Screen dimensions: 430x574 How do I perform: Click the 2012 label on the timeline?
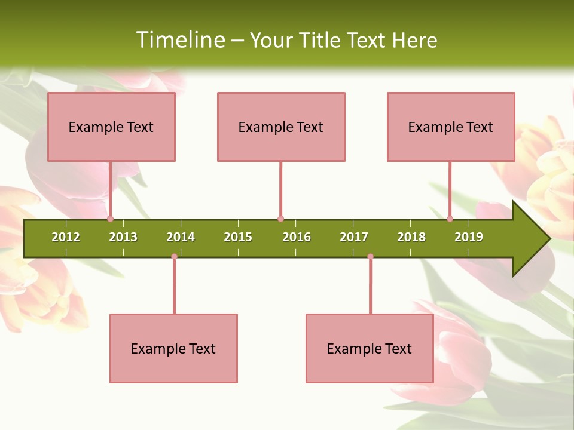click(66, 237)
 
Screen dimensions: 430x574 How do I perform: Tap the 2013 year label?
click(123, 237)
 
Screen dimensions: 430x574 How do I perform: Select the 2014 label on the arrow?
click(181, 237)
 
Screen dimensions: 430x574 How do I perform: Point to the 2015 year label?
click(238, 237)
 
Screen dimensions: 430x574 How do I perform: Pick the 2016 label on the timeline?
click(297, 237)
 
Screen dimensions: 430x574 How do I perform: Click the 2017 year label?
click(354, 237)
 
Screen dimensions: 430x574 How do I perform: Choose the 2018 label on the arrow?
click(411, 237)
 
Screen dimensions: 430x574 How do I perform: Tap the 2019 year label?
click(469, 237)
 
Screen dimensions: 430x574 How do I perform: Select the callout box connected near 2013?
click(111, 127)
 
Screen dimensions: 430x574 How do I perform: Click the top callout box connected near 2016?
click(281, 127)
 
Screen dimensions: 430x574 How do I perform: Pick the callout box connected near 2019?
click(451, 127)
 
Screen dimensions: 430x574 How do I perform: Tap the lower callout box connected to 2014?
click(173, 348)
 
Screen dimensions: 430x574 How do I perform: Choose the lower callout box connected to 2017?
click(370, 348)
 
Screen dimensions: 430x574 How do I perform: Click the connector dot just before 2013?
click(110, 219)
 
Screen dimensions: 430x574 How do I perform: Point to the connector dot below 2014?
click(174, 256)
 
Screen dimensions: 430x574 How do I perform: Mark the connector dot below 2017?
click(370, 256)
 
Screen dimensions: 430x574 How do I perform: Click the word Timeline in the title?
click(179, 40)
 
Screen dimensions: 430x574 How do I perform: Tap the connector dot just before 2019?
click(450, 219)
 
